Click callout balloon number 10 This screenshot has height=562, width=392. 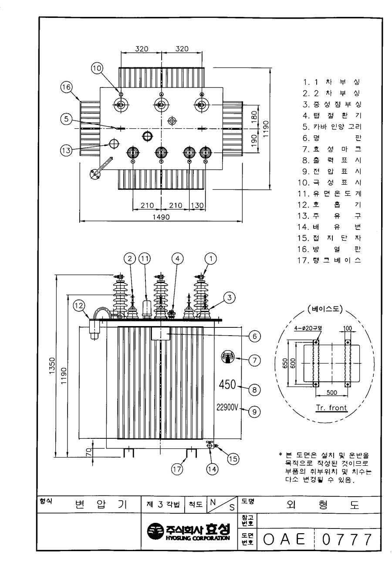[x=97, y=68]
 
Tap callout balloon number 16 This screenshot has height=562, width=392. [x=67, y=87]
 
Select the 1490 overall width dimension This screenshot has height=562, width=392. [x=161, y=217]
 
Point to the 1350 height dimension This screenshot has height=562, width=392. [x=52, y=366]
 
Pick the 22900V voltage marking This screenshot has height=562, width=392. [x=227, y=407]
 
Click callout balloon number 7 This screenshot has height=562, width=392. [x=255, y=360]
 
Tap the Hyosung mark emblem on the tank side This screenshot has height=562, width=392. [x=228, y=357]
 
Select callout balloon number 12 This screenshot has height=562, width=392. [x=79, y=306]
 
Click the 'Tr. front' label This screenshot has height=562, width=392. [x=331, y=408]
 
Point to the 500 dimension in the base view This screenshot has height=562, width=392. [x=332, y=392]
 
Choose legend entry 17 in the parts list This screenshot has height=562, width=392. [x=329, y=260]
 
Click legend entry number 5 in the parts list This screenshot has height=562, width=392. [x=332, y=127]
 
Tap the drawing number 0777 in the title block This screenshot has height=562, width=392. [x=347, y=539]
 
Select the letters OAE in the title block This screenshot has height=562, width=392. [x=284, y=539]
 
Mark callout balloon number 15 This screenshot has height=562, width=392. [x=233, y=459]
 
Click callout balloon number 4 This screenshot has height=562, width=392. [x=178, y=259]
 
